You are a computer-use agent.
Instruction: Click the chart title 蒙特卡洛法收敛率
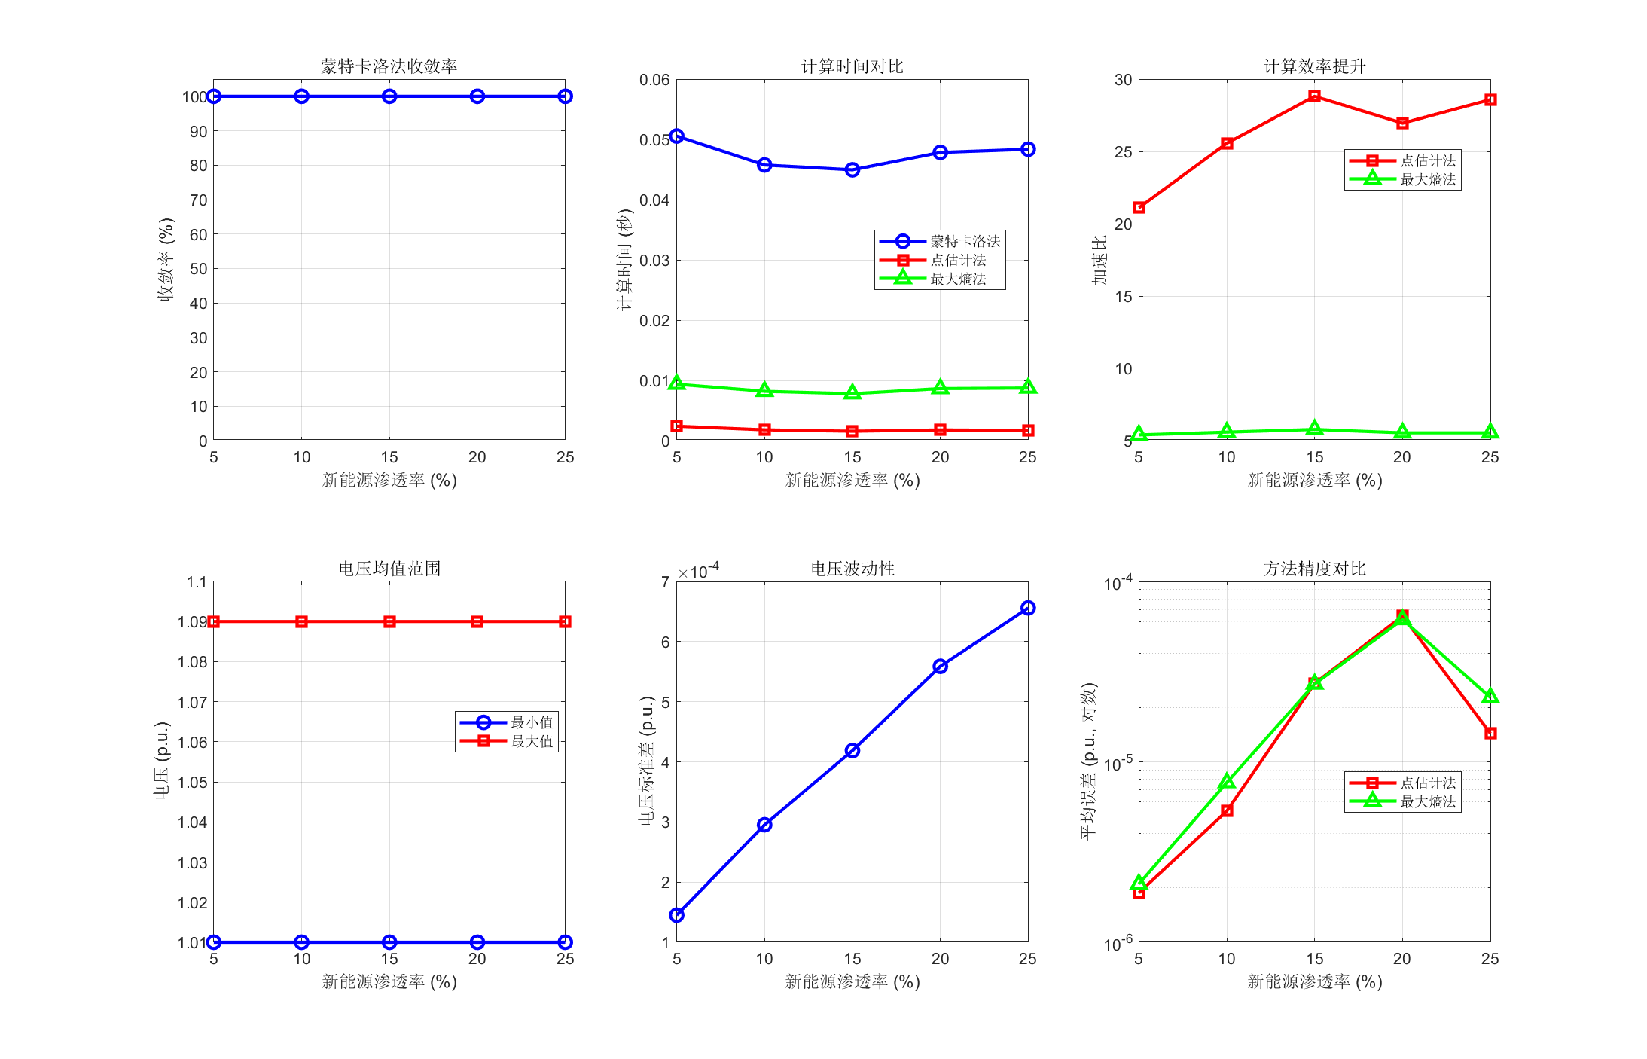(x=389, y=66)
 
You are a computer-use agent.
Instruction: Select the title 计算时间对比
(x=852, y=66)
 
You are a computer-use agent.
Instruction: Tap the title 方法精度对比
(x=1314, y=569)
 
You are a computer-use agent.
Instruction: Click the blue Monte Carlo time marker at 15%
(x=852, y=170)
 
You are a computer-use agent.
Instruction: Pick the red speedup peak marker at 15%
(x=1314, y=96)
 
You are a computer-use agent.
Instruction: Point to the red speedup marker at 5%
(x=1139, y=207)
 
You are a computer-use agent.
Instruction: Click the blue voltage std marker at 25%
(x=1027, y=608)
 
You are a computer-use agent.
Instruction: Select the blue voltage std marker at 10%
(x=764, y=825)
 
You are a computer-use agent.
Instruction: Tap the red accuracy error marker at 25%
(x=1490, y=733)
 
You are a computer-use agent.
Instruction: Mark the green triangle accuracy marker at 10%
(x=1227, y=782)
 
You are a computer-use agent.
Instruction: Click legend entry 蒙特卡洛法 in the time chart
(x=965, y=241)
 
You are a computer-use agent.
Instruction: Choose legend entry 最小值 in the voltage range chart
(x=532, y=722)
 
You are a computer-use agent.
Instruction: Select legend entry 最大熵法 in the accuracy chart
(x=1428, y=801)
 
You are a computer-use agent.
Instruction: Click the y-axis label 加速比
(x=1100, y=260)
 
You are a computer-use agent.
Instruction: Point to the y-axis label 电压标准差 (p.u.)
(x=646, y=761)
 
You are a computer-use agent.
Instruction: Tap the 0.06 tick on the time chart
(x=654, y=80)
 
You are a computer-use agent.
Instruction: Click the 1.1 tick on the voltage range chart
(x=197, y=582)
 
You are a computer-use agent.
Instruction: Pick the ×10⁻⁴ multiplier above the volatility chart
(x=698, y=572)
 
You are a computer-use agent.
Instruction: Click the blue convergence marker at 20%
(x=477, y=96)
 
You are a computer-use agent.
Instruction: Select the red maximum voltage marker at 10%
(x=301, y=621)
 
